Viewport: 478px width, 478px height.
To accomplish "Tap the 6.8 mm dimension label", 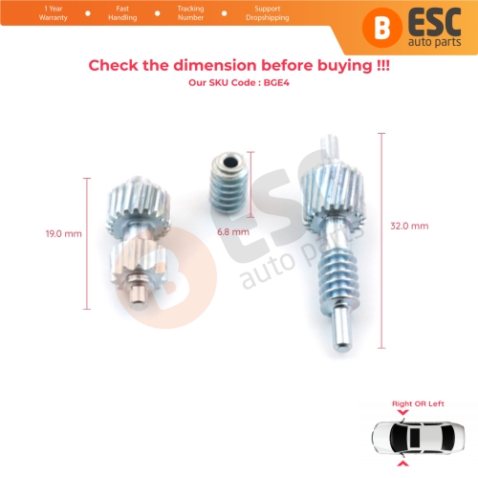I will (x=233, y=231).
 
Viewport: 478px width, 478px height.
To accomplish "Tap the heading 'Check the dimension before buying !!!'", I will (x=239, y=65).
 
